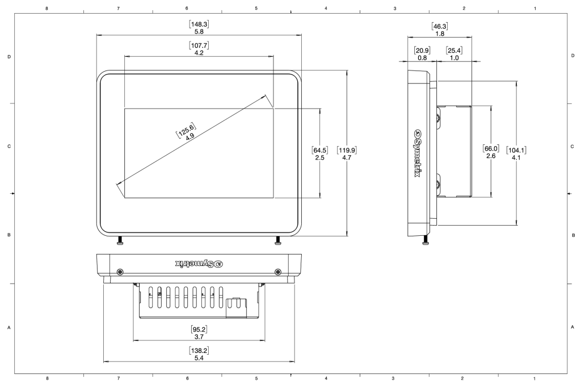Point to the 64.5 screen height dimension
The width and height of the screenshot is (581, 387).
pyautogui.click(x=320, y=153)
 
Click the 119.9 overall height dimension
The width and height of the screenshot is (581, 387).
pyautogui.click(x=346, y=153)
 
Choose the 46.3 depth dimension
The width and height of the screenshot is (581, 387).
pyautogui.click(x=439, y=30)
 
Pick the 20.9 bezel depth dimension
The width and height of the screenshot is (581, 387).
pyautogui.click(x=422, y=54)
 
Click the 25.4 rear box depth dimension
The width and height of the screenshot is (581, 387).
pyautogui.click(x=454, y=54)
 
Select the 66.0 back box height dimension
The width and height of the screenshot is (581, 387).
pyautogui.click(x=490, y=152)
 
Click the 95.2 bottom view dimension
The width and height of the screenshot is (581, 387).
pyautogui.click(x=199, y=333)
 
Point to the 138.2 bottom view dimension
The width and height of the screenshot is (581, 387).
pyautogui.click(x=199, y=353)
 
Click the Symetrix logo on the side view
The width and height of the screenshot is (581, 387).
pyautogui.click(x=418, y=153)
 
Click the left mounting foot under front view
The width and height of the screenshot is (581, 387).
pyautogui.click(x=120, y=243)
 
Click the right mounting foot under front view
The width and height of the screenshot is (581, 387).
pyautogui.click(x=277, y=243)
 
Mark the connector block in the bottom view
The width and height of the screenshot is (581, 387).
pyautogui.click(x=234, y=307)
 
